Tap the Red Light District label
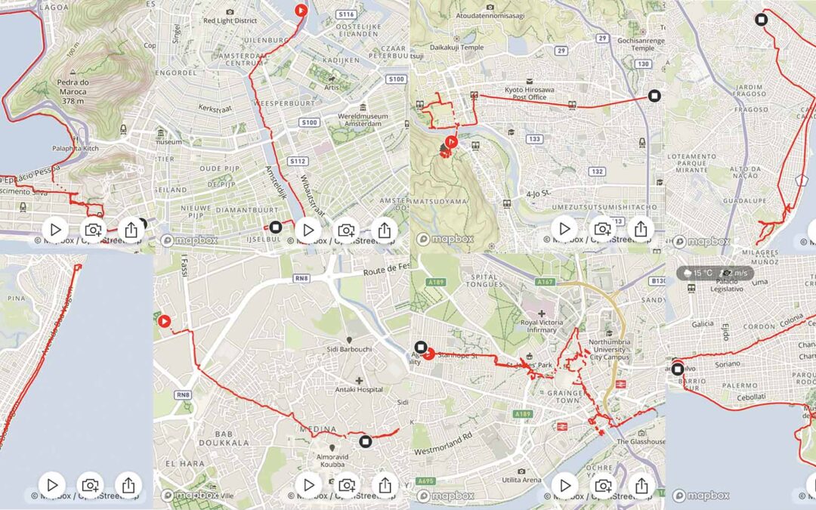coord(230,20)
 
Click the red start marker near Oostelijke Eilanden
coord(301,11)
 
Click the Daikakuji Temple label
coord(456,47)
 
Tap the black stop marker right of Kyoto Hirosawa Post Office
coord(654,96)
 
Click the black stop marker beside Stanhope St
coord(421,349)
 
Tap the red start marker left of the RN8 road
coord(165,320)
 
